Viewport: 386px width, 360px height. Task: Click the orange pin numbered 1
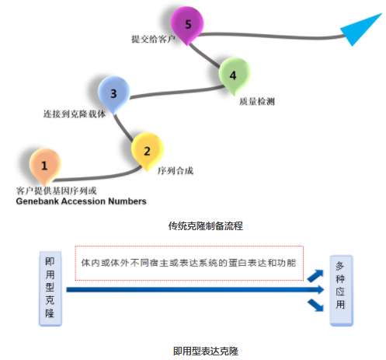click(x=45, y=166)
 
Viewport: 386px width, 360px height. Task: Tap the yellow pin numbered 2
click(x=147, y=151)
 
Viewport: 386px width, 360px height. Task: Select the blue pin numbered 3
click(x=113, y=94)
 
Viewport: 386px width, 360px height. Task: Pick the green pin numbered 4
click(x=235, y=75)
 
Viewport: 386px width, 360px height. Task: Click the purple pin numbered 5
click(x=187, y=25)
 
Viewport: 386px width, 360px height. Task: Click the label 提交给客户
click(x=153, y=39)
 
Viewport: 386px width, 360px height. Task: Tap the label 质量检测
click(x=257, y=101)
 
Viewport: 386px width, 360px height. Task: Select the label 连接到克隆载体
click(x=75, y=114)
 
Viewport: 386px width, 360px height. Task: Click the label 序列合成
click(x=176, y=171)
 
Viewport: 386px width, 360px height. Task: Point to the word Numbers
click(x=127, y=201)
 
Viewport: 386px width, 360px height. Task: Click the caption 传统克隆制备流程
click(x=206, y=226)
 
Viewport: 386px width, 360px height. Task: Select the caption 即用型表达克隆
click(x=206, y=351)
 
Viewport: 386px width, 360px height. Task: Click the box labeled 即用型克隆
click(x=50, y=288)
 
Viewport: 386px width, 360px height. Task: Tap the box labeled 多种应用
click(x=342, y=291)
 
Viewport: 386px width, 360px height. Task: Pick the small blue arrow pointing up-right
click(x=316, y=276)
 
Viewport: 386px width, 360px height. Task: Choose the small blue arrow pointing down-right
click(x=316, y=305)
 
